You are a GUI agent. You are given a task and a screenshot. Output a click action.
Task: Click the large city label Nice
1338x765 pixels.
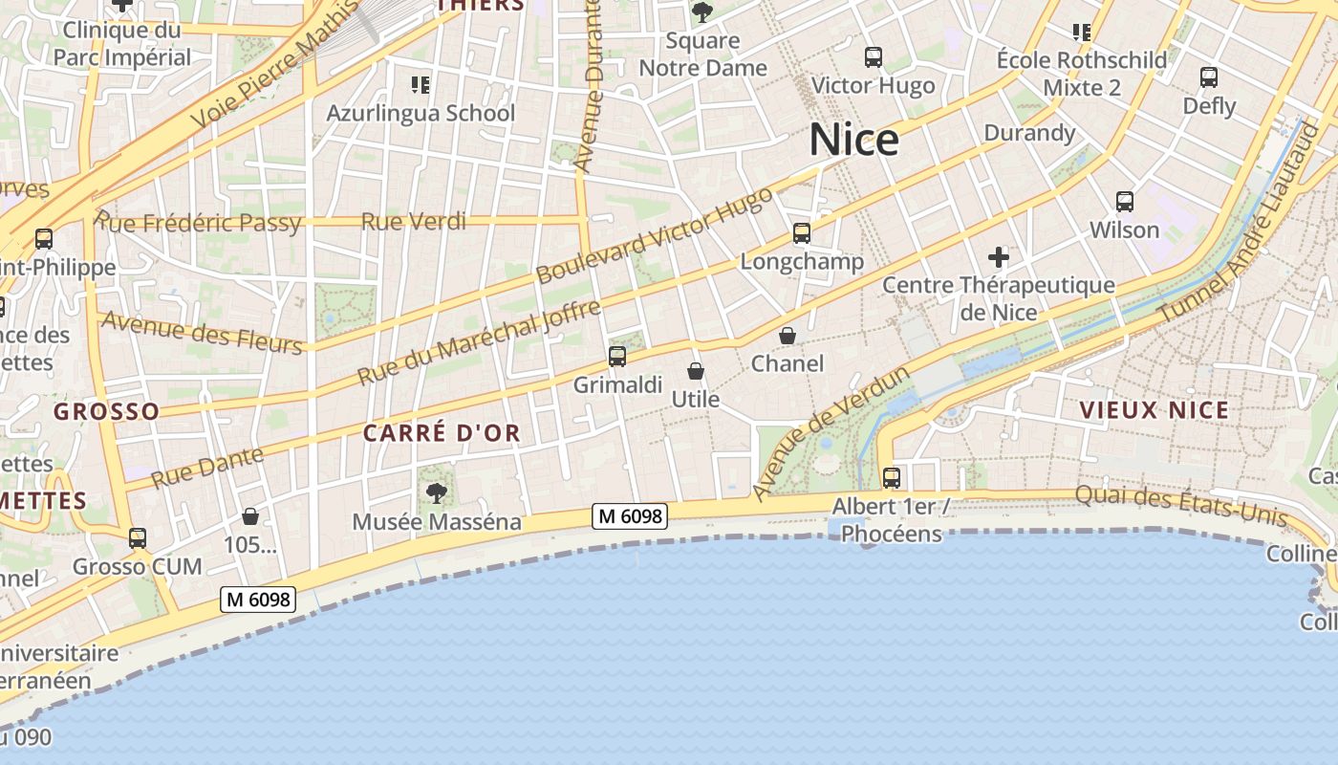853,140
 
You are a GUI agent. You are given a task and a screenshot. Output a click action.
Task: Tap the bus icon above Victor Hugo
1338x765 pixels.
873,57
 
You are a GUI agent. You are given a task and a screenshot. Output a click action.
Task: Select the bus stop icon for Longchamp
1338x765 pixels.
801,233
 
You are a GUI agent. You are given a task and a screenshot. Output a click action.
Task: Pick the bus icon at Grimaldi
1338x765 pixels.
617,357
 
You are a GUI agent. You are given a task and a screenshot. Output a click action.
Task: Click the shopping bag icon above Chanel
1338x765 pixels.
788,336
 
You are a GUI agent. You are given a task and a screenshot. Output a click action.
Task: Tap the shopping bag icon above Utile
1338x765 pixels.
696,371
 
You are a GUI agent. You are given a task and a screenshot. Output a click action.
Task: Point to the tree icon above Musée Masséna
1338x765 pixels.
437,493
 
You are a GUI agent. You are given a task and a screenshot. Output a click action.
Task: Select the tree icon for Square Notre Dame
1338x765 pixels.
702,12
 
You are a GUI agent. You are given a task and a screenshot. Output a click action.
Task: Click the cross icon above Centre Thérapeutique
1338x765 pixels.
999,257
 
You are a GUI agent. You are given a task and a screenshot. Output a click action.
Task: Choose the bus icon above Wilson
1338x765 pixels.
1125,202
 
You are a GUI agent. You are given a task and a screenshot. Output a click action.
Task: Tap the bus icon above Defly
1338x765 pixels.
1209,77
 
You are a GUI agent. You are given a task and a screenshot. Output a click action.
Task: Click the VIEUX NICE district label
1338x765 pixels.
1154,410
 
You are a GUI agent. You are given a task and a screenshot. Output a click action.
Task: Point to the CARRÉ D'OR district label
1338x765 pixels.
442,433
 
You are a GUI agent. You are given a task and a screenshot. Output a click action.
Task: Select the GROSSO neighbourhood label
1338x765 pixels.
106,412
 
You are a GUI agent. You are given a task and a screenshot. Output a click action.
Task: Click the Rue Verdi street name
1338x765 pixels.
413,222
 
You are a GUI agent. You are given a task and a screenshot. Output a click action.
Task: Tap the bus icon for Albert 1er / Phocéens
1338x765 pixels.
892,478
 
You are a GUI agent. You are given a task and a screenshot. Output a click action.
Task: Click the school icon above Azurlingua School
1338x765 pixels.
420,85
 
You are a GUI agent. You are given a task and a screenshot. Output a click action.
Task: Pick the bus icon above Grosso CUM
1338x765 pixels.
138,538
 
